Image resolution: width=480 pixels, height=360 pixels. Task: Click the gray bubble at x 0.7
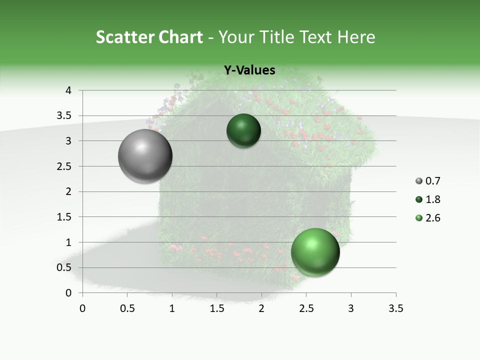145,156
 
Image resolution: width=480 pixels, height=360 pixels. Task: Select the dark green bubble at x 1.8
243,131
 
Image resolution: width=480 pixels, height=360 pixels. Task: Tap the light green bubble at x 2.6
315,252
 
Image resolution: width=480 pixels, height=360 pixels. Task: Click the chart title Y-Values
249,70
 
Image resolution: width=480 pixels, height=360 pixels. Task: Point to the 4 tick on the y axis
69,90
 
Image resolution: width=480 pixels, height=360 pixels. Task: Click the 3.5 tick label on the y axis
64,116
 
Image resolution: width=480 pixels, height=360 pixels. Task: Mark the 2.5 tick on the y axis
64,166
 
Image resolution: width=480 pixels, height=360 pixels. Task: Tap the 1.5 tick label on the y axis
64,217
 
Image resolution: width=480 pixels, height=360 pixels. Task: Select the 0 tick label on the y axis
69,293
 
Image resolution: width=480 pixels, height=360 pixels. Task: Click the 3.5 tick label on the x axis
395,308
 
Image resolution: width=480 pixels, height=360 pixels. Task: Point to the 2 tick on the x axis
261,308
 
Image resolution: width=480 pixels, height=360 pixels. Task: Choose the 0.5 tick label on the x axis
127,308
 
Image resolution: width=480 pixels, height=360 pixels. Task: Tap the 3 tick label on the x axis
351,308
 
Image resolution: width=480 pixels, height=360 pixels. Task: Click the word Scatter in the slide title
125,37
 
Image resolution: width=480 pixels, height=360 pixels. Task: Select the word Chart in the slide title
180,37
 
